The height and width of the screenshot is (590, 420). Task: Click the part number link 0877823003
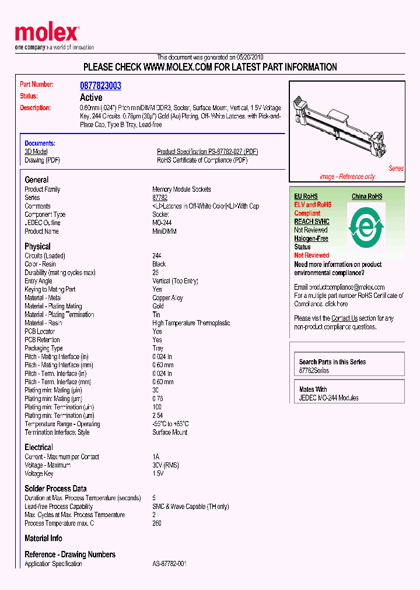(x=100, y=86)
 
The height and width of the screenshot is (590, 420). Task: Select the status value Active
(x=90, y=97)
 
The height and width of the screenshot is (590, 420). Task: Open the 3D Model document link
(x=36, y=152)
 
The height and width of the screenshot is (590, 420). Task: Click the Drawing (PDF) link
(x=42, y=160)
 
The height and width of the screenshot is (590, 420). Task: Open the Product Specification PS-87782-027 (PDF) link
(x=207, y=152)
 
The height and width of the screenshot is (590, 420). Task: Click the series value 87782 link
(x=160, y=198)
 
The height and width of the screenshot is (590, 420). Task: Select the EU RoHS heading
(x=306, y=196)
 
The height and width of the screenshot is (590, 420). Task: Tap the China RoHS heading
(x=367, y=196)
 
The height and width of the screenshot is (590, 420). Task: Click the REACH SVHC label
(x=311, y=222)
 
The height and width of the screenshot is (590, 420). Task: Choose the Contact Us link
(x=344, y=318)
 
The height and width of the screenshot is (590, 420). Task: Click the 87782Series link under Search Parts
(x=314, y=371)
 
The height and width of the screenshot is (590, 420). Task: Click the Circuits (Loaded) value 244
(x=157, y=256)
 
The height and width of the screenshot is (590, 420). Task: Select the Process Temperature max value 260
(x=157, y=523)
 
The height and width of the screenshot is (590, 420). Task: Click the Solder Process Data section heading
(x=55, y=489)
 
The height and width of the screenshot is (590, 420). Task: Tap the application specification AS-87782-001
(x=169, y=564)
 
